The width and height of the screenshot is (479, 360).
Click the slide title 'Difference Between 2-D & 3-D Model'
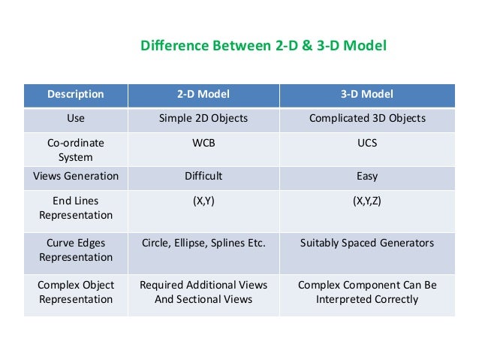264,47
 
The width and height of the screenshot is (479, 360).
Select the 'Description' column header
76,95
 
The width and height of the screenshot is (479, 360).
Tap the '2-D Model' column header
203,95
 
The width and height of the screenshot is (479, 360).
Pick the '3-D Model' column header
367,95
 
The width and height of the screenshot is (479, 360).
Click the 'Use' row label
76,118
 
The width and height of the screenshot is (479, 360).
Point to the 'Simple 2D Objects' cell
203,118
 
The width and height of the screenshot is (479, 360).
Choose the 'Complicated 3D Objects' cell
367,118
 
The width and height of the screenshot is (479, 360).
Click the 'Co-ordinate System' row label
76,150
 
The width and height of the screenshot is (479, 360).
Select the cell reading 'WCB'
203,142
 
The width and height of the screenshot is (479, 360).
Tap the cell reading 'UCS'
367,142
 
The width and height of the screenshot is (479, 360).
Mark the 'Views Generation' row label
76,177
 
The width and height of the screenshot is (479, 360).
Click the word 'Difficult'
203,177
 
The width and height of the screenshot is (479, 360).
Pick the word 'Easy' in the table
367,177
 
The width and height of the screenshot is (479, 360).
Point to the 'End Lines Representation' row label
76,208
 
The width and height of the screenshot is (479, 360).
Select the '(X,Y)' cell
203,201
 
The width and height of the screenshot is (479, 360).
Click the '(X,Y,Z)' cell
367,201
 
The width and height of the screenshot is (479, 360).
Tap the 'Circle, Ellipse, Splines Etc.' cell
203,244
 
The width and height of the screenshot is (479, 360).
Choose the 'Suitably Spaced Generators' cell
367,244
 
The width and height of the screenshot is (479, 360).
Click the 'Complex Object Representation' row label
76,292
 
